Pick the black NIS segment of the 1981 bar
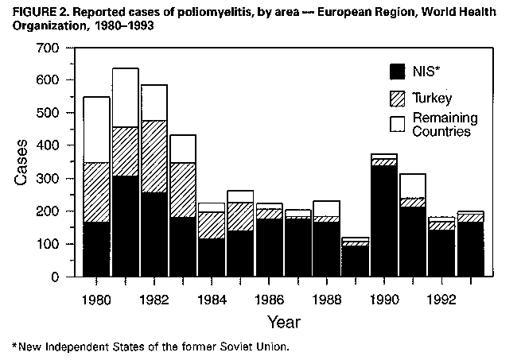tap(126, 226)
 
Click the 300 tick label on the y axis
tap(49, 179)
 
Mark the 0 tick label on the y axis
tap(56, 277)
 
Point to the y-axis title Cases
tap(21, 163)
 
